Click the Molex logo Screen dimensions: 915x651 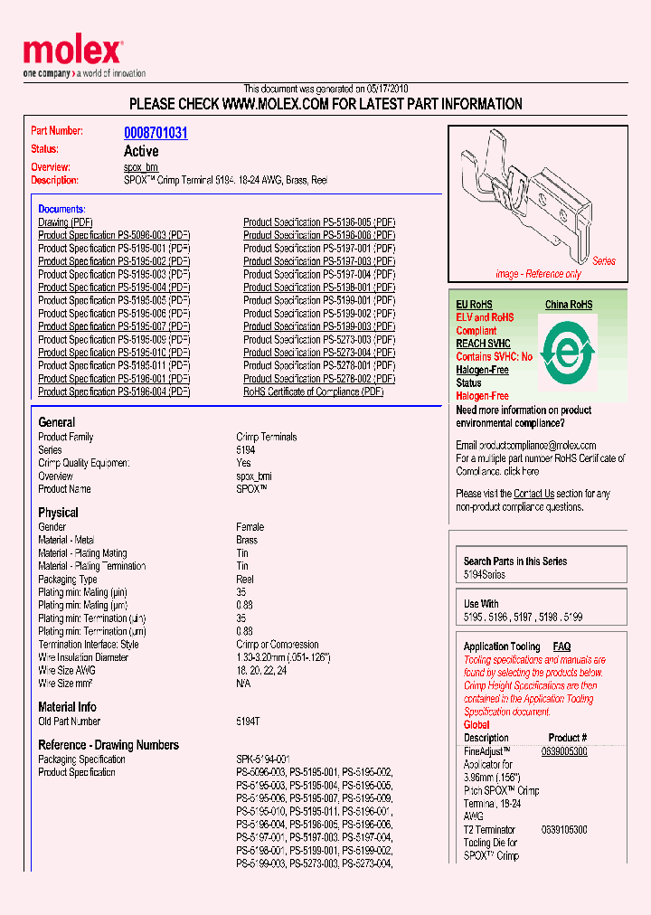tap(72, 52)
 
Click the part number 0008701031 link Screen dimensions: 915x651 tap(156, 133)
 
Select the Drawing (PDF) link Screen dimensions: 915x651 tap(65, 222)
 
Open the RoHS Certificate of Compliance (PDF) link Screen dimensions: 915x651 tap(313, 391)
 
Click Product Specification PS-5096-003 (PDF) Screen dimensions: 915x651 tap(114, 235)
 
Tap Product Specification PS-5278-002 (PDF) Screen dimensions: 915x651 tap(318, 379)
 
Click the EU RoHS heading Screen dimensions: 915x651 tap(474, 305)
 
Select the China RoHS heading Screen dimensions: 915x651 tap(568, 305)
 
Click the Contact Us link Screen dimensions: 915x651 tap(533, 494)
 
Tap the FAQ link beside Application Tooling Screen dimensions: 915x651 tap(561, 646)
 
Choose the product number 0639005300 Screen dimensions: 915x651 tap(564, 751)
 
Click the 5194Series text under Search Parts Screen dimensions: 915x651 tap(485, 575)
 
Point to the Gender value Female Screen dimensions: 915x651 tap(250, 527)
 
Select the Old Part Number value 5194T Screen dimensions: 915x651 tap(249, 722)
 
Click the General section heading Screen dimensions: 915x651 tap(56, 422)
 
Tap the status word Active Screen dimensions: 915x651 tap(141, 151)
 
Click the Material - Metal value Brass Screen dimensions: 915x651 tap(247, 540)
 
